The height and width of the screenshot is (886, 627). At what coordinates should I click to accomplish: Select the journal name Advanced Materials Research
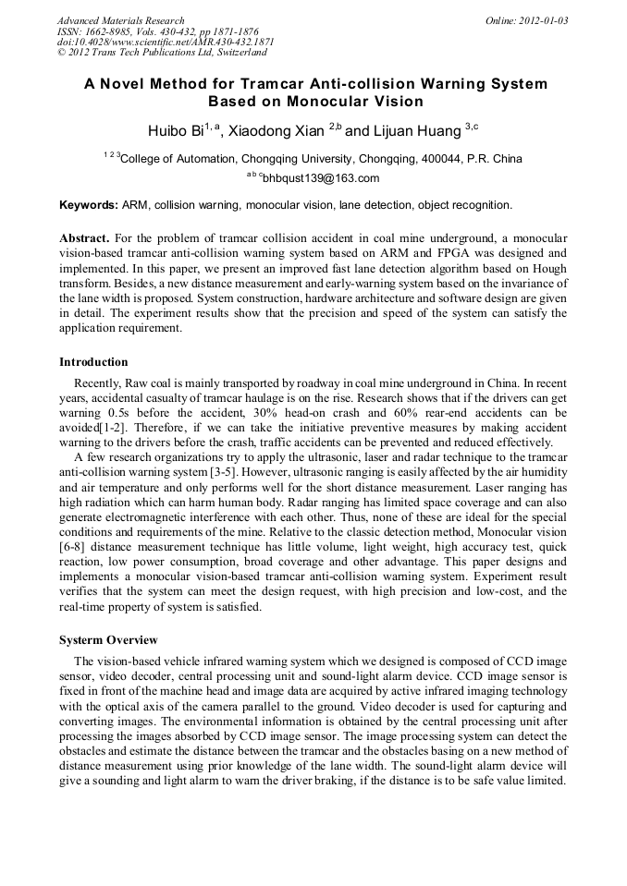click(x=120, y=20)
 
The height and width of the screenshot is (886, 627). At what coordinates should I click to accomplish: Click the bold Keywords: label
click(x=89, y=204)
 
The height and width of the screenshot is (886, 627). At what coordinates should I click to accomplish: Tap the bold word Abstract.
click(x=84, y=238)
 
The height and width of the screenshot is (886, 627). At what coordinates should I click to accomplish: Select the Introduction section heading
click(x=93, y=361)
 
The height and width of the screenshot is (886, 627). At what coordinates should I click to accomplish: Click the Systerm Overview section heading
click(x=108, y=640)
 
